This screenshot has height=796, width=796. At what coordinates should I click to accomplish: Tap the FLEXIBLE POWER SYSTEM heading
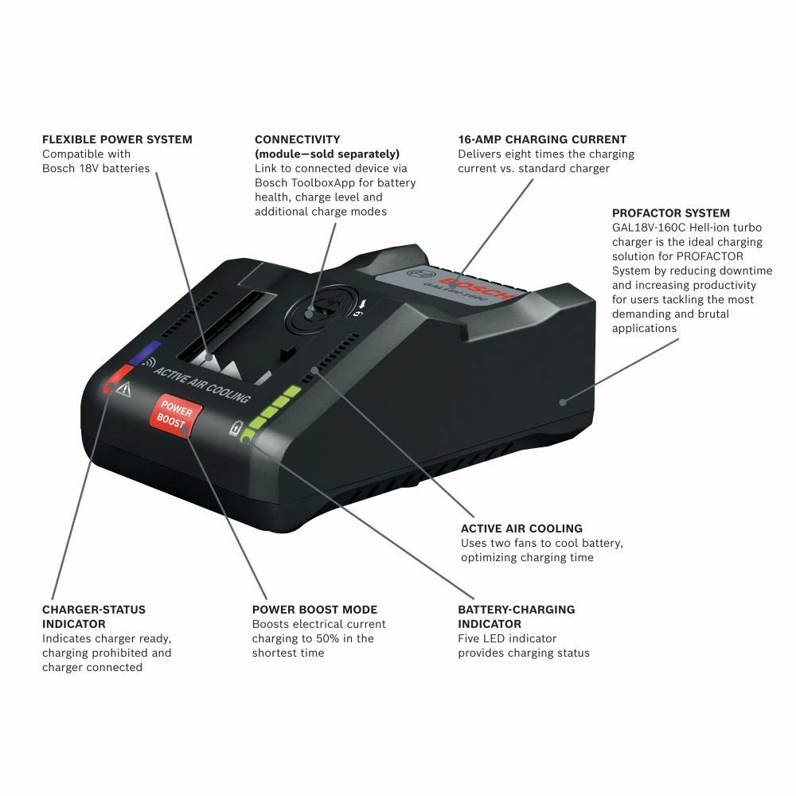pyautogui.click(x=117, y=139)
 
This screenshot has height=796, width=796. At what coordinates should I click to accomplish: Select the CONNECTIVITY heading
pyautogui.click(x=297, y=139)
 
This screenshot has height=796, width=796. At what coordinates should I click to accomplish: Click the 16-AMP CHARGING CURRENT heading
pyautogui.click(x=542, y=139)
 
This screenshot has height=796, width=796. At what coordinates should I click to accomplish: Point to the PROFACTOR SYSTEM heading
pyautogui.click(x=671, y=213)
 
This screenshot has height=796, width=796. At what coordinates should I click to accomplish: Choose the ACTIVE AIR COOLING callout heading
pyautogui.click(x=521, y=529)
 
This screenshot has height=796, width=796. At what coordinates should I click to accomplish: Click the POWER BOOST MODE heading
pyautogui.click(x=314, y=610)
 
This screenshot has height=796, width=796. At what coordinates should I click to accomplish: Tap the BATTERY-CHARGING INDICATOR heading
pyautogui.click(x=516, y=617)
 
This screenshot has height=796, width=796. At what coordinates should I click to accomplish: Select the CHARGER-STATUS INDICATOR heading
pyautogui.click(x=94, y=617)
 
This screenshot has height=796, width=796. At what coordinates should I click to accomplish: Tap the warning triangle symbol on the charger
pyautogui.click(x=123, y=389)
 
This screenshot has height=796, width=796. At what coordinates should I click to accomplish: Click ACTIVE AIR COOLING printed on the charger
pyautogui.click(x=202, y=386)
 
